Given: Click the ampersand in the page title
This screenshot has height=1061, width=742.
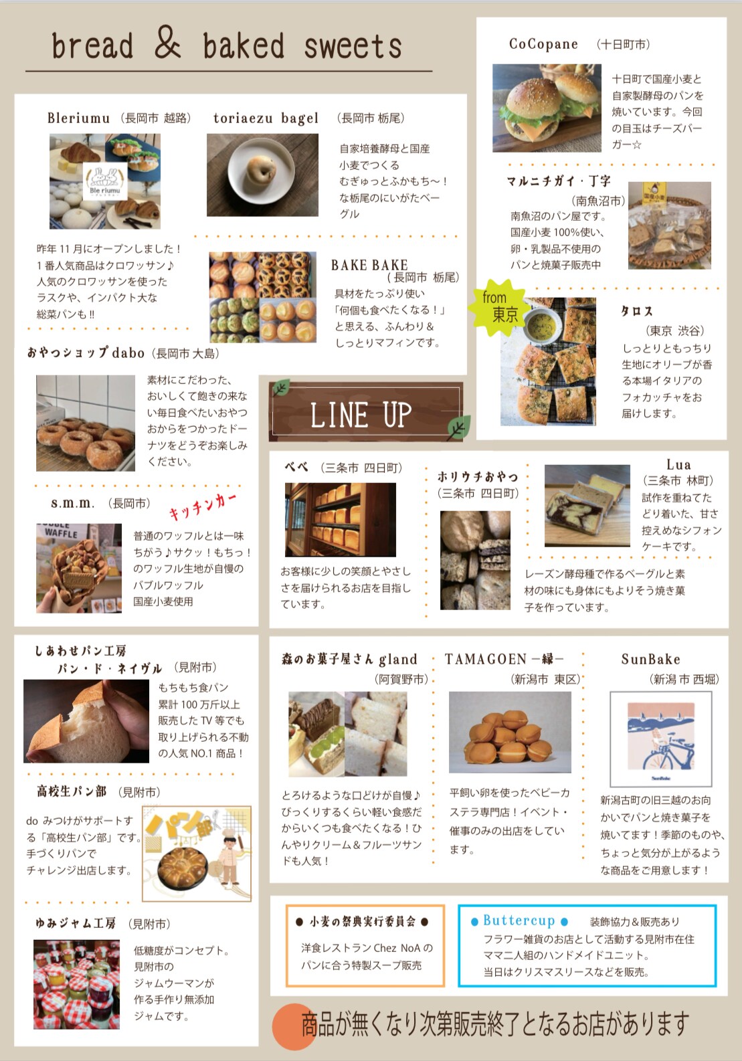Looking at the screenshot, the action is click(x=167, y=42).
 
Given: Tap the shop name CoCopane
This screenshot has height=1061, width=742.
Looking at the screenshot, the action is click(x=543, y=45).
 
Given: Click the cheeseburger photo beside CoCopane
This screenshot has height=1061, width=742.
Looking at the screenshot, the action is click(x=547, y=108).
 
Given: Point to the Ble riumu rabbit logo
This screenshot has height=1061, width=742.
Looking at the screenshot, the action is click(x=105, y=182).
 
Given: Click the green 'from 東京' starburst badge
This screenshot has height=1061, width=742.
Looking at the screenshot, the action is click(x=497, y=308).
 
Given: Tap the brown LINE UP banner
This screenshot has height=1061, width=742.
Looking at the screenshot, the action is click(x=365, y=412).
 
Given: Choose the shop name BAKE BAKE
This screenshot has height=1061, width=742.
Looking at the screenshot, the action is click(x=369, y=265).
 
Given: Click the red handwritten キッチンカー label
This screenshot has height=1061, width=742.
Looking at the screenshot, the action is click(x=202, y=506).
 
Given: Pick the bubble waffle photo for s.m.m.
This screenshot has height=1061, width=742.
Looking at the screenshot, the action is click(x=79, y=568).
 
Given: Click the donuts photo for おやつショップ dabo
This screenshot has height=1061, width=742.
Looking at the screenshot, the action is click(x=85, y=423).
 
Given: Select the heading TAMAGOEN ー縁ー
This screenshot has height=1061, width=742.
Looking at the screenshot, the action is click(x=504, y=659).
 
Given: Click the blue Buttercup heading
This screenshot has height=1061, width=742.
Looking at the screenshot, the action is click(x=519, y=921).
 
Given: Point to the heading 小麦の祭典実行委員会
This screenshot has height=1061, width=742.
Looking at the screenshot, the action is click(x=362, y=921).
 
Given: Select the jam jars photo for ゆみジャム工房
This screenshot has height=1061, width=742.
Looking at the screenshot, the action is click(x=76, y=984).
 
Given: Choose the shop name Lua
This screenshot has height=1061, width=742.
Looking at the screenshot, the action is click(x=678, y=465).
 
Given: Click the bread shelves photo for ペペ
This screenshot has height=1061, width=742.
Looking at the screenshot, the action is click(x=340, y=520).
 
